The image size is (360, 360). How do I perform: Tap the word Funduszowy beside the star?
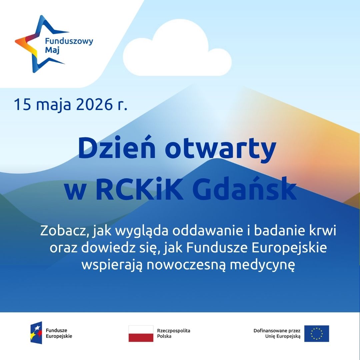[x=69, y=42]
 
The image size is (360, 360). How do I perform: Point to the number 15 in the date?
[x=22, y=104]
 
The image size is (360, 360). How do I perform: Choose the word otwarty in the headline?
[x=220, y=149]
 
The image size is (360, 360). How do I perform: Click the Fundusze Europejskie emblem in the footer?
[x=36, y=333]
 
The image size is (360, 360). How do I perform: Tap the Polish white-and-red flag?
[x=141, y=333]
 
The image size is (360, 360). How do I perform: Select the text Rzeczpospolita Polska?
[x=174, y=333]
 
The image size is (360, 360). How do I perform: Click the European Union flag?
[x=317, y=333]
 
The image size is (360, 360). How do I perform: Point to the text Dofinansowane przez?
[x=277, y=331]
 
